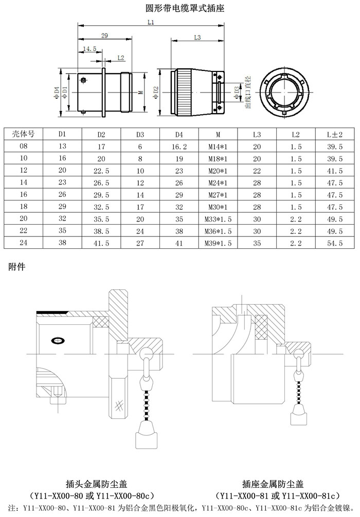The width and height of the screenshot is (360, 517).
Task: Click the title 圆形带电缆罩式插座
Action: [185, 8]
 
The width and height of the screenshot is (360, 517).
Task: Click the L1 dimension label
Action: [151, 23]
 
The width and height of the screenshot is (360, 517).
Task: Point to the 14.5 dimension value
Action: [89, 49]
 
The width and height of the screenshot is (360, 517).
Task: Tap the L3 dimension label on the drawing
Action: [197, 38]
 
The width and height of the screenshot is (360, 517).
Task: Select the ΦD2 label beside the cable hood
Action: [156, 93]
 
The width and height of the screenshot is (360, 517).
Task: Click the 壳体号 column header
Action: [23, 134]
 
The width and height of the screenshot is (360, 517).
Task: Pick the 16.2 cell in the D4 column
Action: [179, 146]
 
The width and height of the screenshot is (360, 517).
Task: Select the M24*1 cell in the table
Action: [218, 182]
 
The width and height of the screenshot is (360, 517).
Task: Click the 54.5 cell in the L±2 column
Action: [335, 243]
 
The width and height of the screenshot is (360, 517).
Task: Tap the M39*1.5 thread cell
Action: [218, 243]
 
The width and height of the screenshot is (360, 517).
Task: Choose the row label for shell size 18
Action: [24, 207]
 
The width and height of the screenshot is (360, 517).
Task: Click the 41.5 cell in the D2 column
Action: [101, 243]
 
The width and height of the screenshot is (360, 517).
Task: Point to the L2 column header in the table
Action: [296, 134]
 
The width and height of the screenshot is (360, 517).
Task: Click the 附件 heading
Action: [17, 266]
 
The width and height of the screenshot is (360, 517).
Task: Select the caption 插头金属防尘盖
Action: [96, 484]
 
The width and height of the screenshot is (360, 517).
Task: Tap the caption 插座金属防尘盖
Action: [273, 484]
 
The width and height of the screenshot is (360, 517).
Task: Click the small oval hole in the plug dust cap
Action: [58, 340]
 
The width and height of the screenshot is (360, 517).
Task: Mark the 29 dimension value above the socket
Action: [104, 35]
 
